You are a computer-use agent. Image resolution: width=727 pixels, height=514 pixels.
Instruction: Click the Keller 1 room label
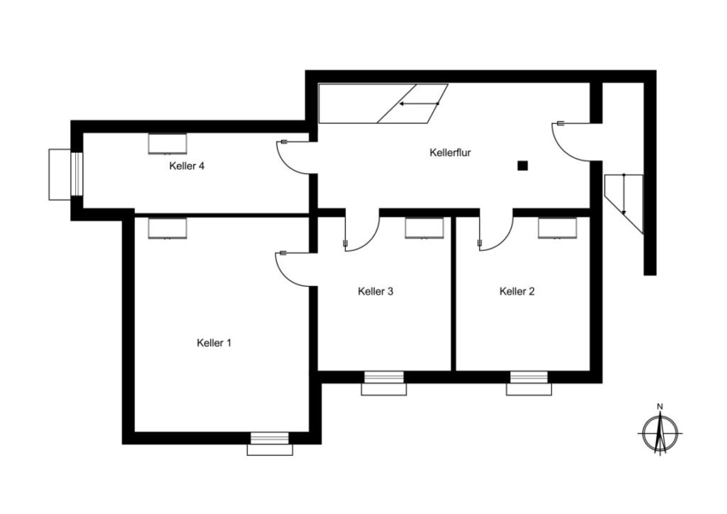[214, 343]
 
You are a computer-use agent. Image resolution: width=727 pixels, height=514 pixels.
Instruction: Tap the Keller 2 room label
[517, 291]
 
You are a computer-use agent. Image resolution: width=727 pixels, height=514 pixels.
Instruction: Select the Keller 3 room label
[376, 291]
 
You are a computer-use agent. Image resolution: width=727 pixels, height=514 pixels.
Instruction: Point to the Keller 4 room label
[187, 166]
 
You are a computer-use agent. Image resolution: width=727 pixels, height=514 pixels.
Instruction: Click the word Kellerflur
[450, 152]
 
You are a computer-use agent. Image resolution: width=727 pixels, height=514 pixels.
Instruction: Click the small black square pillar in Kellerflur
[523, 165]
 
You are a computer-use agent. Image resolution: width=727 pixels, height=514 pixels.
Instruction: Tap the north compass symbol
[660, 433]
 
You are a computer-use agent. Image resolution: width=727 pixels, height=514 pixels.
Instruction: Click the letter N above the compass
[660, 407]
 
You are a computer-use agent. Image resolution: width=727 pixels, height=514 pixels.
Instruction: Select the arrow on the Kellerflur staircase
[419, 103]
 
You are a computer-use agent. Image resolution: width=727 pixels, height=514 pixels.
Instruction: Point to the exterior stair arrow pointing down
[624, 195]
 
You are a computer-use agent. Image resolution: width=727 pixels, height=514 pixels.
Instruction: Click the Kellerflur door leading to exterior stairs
[570, 141]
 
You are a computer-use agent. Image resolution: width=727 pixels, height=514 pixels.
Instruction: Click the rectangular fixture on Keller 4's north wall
[167, 143]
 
